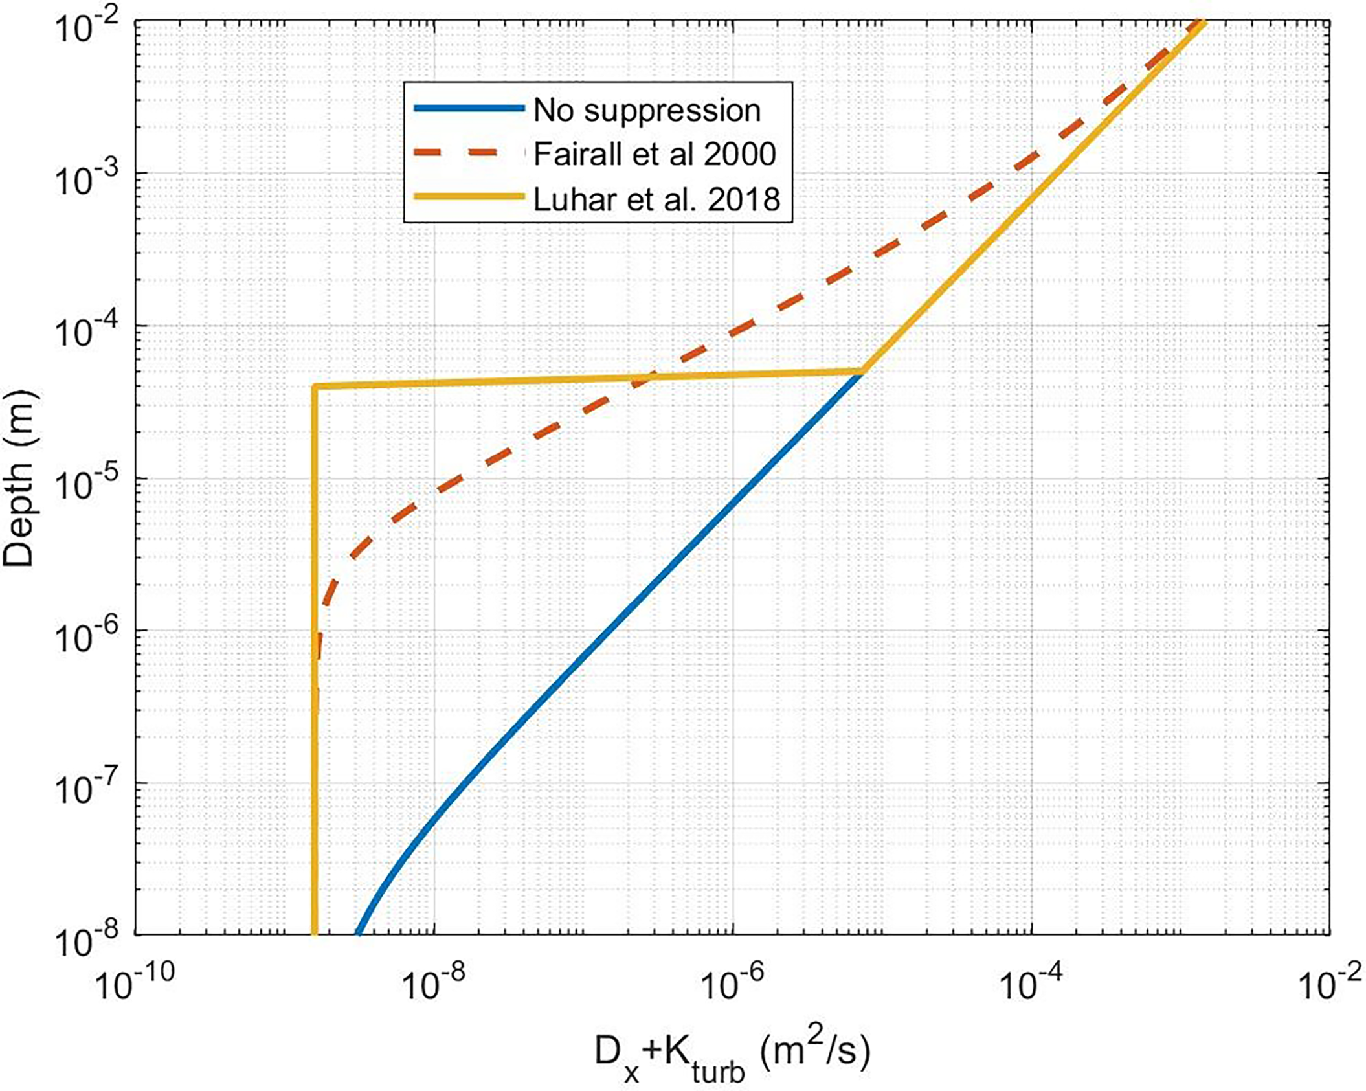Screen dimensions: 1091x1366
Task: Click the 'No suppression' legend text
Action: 647,111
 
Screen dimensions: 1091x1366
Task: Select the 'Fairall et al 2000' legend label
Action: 655,155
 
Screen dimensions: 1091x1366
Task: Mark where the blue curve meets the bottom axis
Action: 357,934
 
